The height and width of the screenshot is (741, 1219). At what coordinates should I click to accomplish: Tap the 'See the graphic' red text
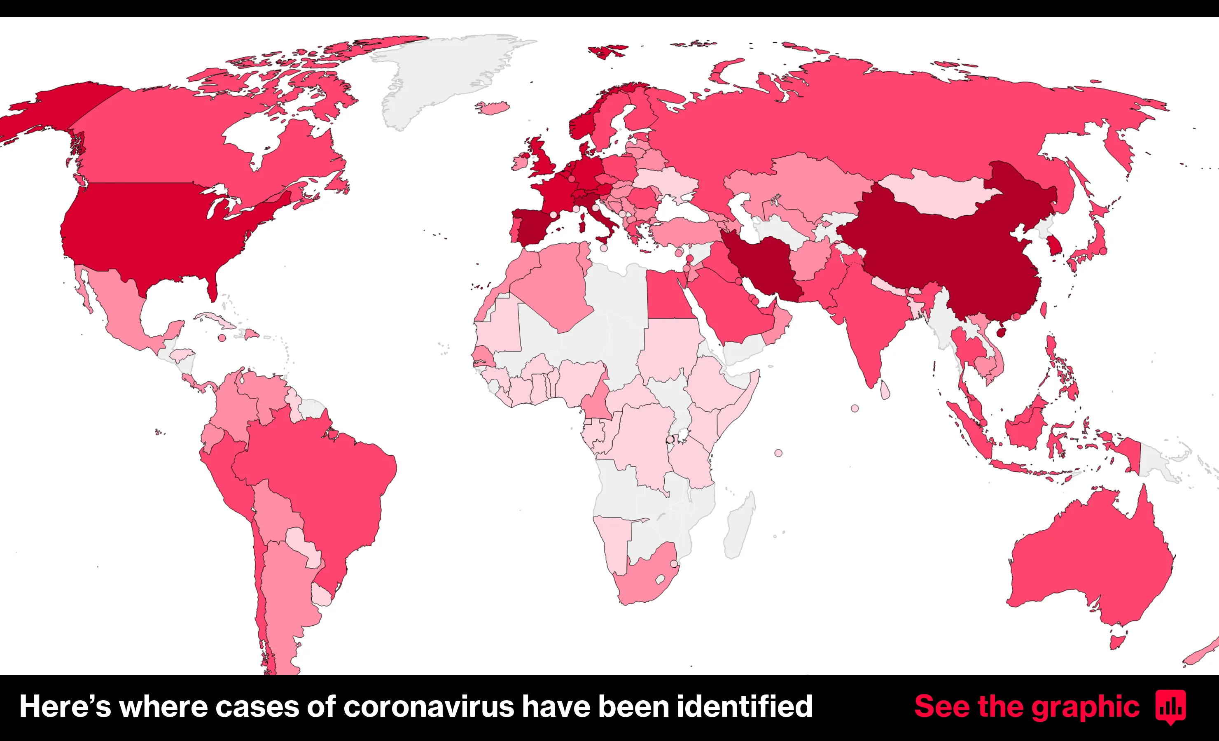click(x=1027, y=706)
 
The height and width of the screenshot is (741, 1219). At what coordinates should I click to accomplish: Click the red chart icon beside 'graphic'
click(x=1170, y=706)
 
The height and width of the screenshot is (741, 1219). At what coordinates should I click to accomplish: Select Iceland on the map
click(x=492, y=107)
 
